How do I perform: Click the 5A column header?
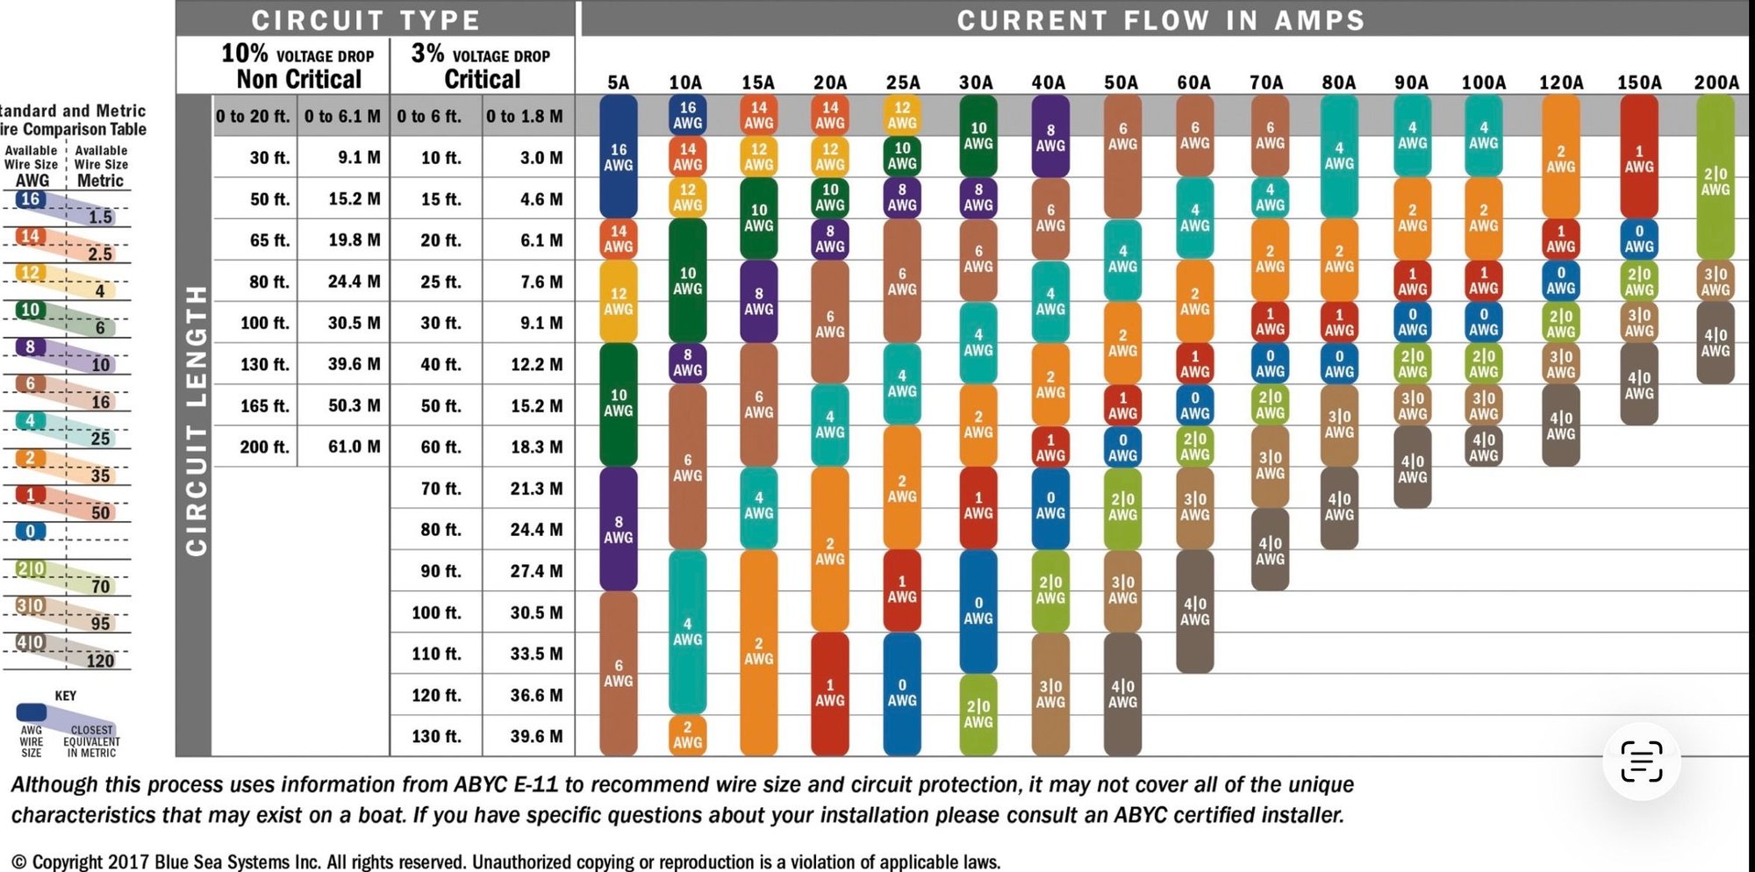click(x=618, y=82)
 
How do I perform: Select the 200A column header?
click(x=1716, y=82)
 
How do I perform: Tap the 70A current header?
click(x=1266, y=82)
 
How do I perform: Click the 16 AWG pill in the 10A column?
click(x=687, y=115)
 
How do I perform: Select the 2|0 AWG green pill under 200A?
click(x=1715, y=180)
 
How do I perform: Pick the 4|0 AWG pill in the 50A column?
click(x=1122, y=693)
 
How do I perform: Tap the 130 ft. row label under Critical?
click(x=436, y=736)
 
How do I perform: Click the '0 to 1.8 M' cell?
click(x=524, y=116)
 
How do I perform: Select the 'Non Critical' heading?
click(x=298, y=79)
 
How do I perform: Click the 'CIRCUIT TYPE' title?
click(x=366, y=19)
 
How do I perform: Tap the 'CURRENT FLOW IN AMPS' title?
click(x=1160, y=19)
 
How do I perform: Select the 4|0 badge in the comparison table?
click(x=30, y=642)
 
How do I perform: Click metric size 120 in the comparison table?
click(x=100, y=661)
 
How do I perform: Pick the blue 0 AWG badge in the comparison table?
click(x=30, y=531)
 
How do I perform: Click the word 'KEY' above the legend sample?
click(x=66, y=696)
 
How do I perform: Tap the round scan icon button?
click(x=1640, y=761)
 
